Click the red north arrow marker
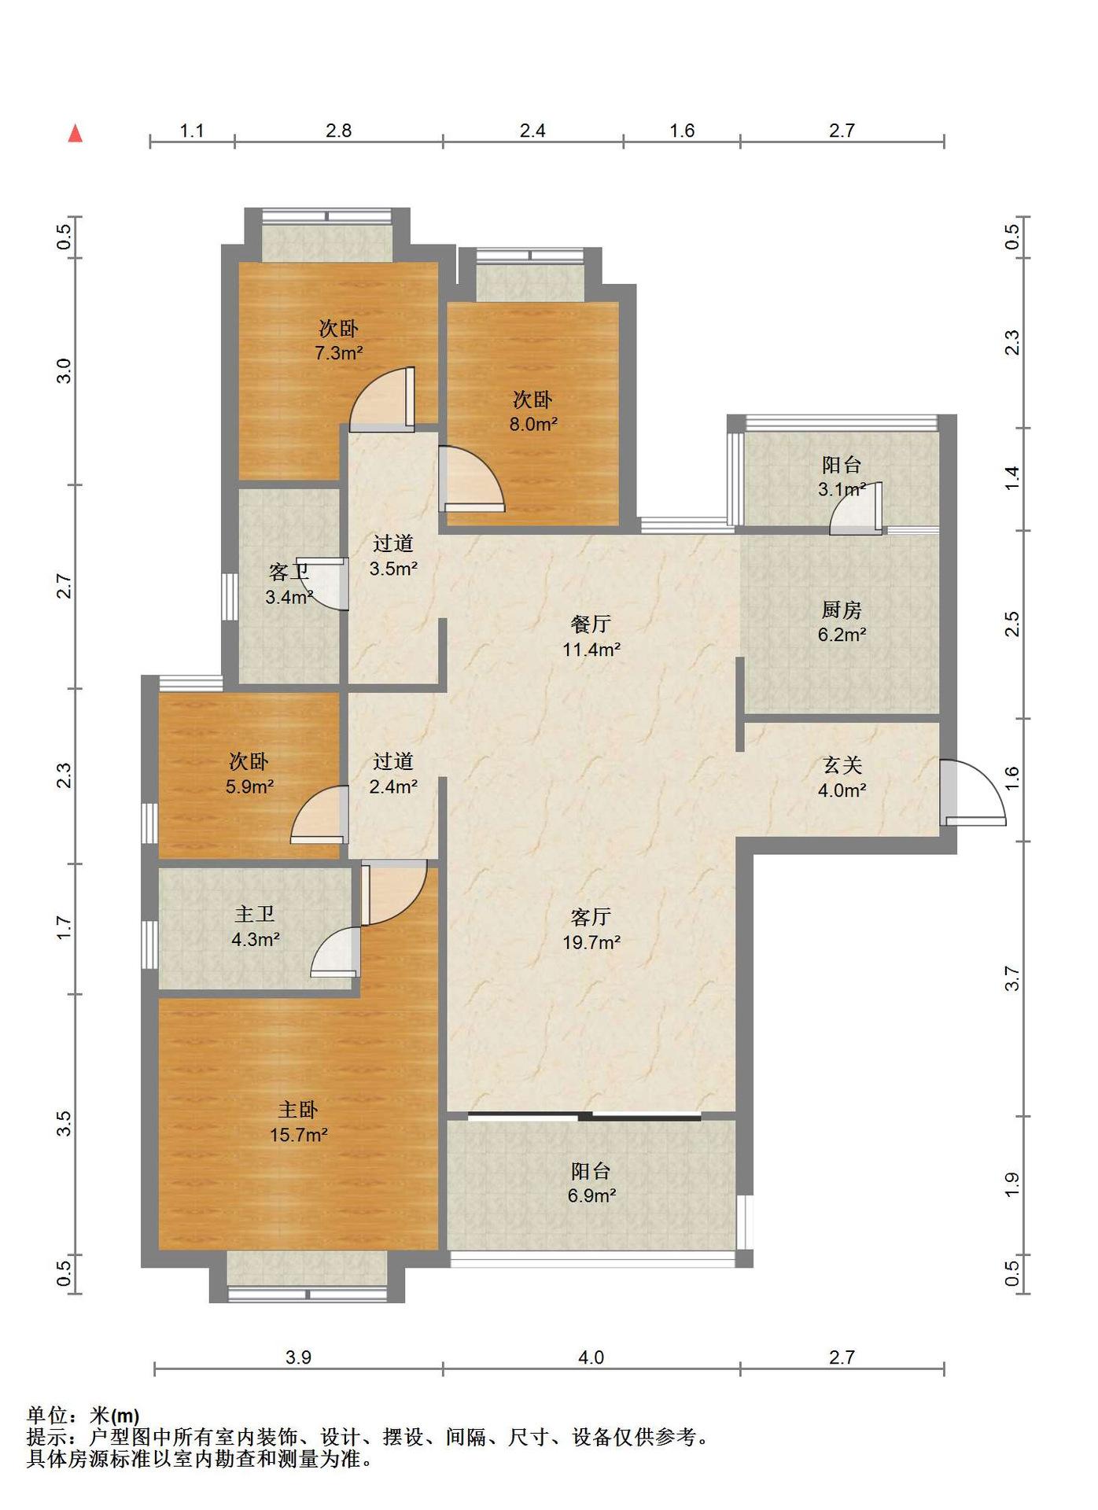tap(76, 134)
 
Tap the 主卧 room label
tap(298, 1110)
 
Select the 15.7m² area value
tap(298, 1135)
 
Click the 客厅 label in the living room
tap(591, 917)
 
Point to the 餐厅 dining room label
tap(591, 624)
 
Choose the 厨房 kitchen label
tap(842, 610)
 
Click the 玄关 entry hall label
tap(842, 765)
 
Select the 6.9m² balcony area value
tap(591, 1196)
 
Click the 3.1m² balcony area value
tap(842, 489)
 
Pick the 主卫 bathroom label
tap(255, 914)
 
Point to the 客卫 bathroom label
tap(288, 572)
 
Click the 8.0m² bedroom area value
tap(533, 425)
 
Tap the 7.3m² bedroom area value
tap(338, 353)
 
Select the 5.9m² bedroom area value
tap(249, 786)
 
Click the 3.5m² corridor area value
tap(393, 569)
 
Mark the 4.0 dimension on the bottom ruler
tap(591, 1357)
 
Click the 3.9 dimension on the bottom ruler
tap(298, 1357)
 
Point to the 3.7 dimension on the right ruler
tap(1012, 978)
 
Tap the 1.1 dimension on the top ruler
tap(192, 131)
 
